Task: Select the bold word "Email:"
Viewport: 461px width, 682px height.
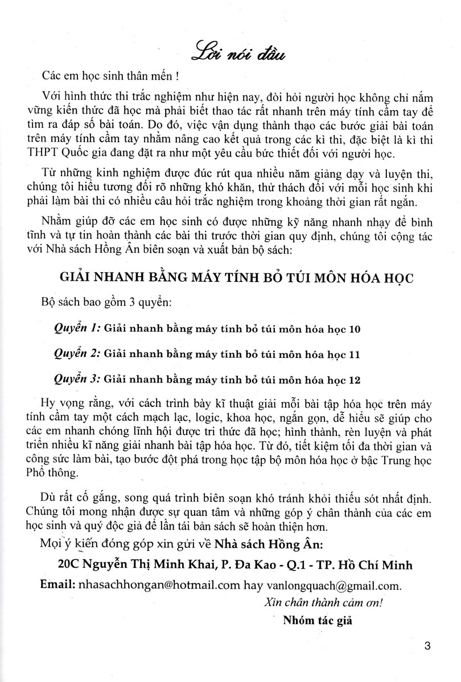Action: coord(59,585)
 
